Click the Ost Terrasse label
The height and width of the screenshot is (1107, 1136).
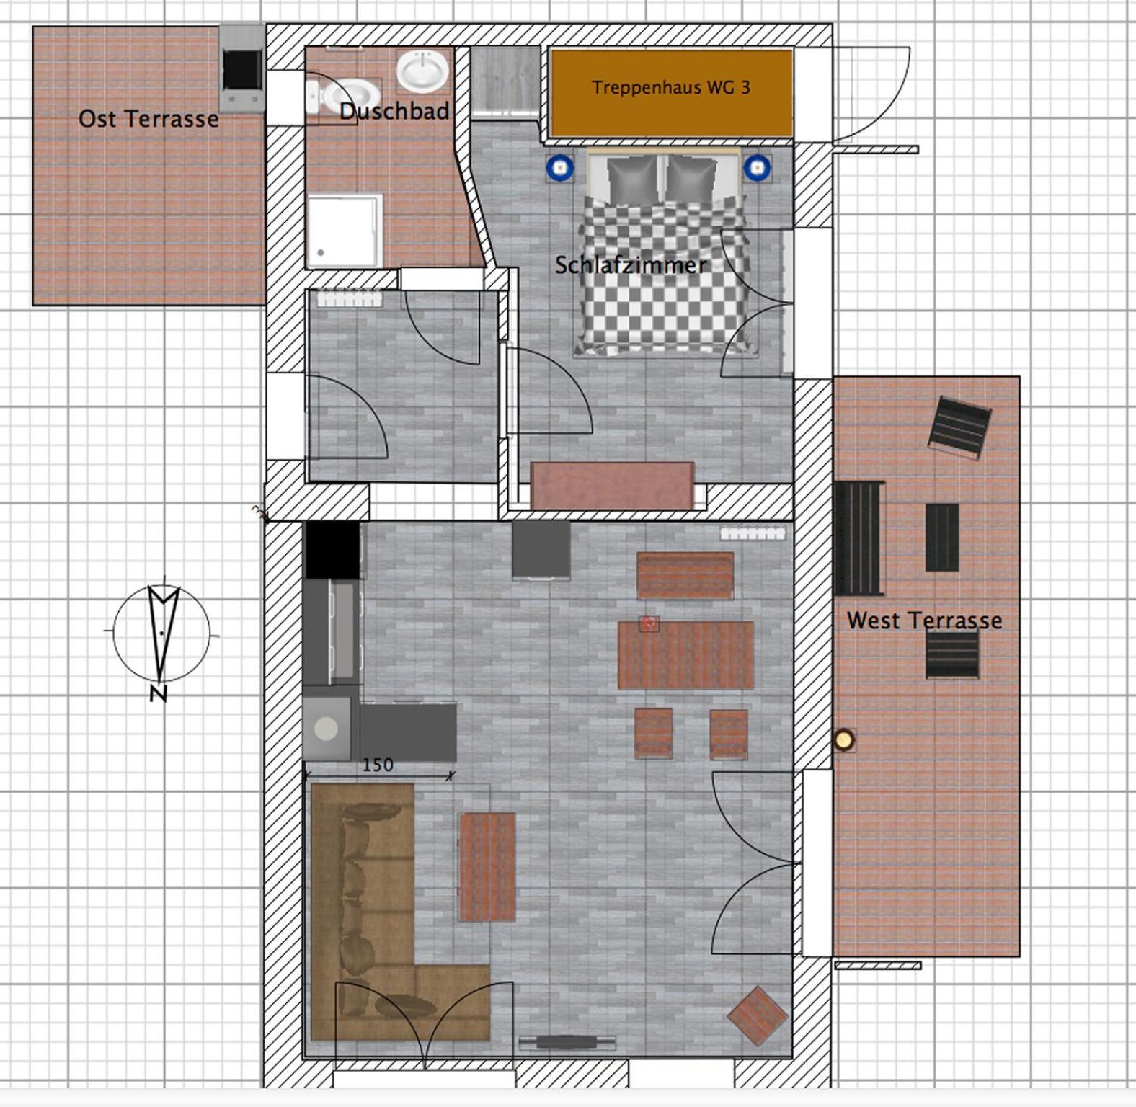[148, 119]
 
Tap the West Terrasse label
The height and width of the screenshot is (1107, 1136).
[924, 621]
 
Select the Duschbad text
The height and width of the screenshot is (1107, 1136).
[394, 111]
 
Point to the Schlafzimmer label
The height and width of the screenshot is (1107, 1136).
[631, 265]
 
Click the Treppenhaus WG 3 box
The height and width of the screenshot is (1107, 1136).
[671, 92]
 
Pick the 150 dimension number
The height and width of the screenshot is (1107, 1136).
[378, 765]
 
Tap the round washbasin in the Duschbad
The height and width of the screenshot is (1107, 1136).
[422, 71]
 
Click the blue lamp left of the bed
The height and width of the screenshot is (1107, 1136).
[559, 169]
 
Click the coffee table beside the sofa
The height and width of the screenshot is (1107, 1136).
[487, 867]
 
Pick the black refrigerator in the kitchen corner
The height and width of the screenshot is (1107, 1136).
[332, 550]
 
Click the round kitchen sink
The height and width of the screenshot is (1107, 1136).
[326, 729]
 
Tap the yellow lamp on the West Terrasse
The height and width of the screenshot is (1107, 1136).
[843, 739]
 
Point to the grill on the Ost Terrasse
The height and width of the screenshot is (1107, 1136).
[241, 68]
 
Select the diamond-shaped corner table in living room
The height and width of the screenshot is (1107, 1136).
[757, 1015]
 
